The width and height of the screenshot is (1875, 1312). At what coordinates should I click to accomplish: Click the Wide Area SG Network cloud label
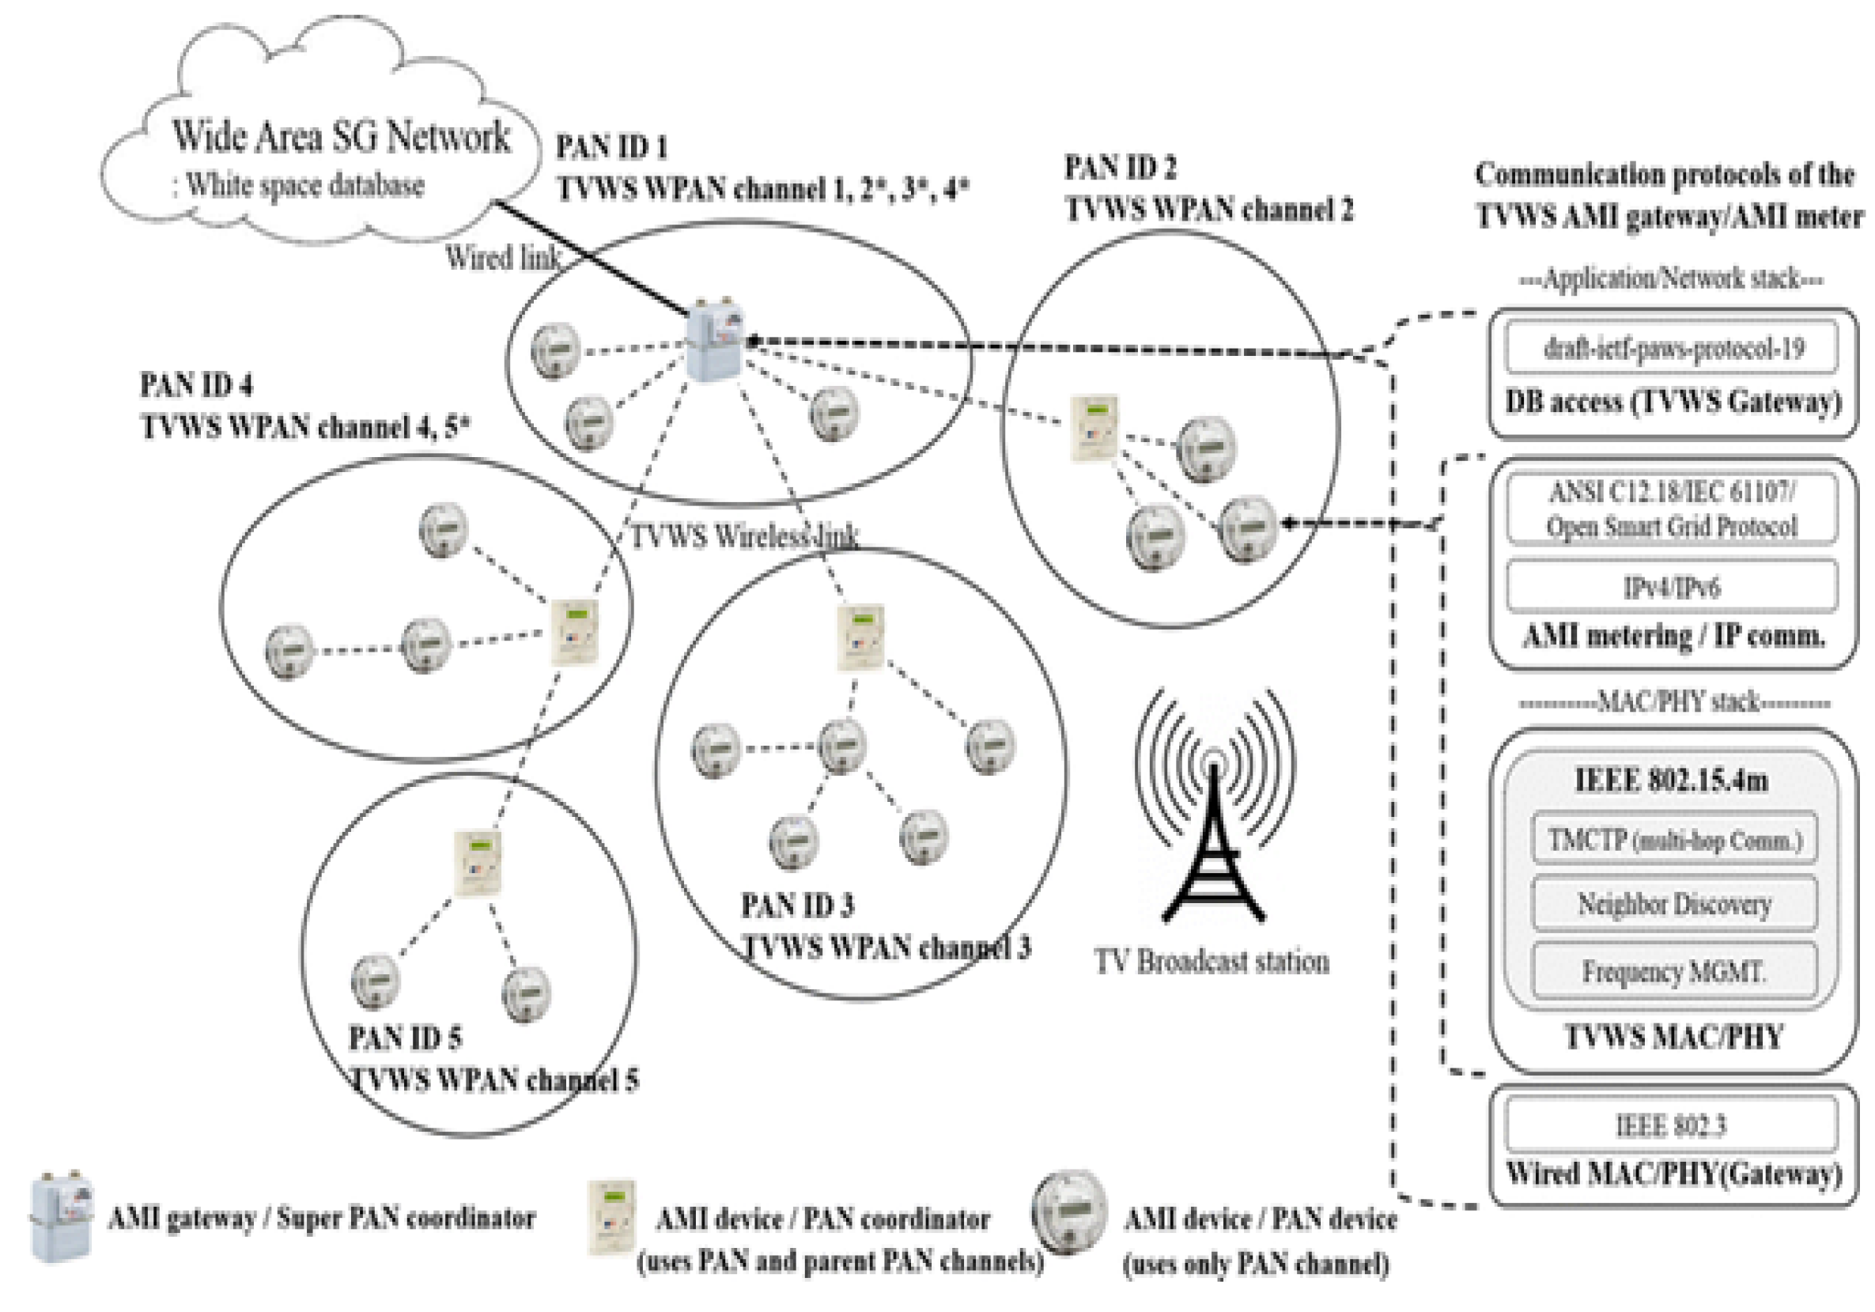click(341, 136)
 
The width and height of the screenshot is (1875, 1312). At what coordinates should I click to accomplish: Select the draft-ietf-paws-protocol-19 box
click(1673, 349)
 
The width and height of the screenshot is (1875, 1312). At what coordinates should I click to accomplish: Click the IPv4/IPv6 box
click(1672, 587)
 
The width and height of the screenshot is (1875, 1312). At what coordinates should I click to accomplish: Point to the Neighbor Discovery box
click(1674, 904)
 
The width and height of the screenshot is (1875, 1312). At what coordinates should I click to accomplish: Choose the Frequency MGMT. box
click(1674, 972)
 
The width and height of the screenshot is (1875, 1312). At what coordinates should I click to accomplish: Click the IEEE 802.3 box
click(1671, 1126)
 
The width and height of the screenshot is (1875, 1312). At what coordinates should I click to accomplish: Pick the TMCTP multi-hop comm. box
click(1674, 839)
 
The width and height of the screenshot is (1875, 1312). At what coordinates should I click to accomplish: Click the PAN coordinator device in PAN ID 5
click(477, 863)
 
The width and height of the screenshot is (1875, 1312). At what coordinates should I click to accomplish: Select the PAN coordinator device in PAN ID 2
click(1094, 429)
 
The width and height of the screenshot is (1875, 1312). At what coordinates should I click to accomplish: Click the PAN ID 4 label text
click(196, 384)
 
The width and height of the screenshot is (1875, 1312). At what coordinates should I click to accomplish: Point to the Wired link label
click(502, 258)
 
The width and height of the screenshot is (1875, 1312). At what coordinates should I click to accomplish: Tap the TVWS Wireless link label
click(743, 536)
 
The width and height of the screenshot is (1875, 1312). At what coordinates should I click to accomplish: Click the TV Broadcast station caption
click(1211, 961)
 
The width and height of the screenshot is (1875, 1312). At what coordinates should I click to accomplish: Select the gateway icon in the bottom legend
click(61, 1216)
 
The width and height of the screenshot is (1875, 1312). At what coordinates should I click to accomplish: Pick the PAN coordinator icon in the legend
click(611, 1217)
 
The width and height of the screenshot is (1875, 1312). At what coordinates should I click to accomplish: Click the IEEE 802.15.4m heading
click(1672, 781)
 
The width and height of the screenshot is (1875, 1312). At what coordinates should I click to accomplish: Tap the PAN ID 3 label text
click(797, 906)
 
